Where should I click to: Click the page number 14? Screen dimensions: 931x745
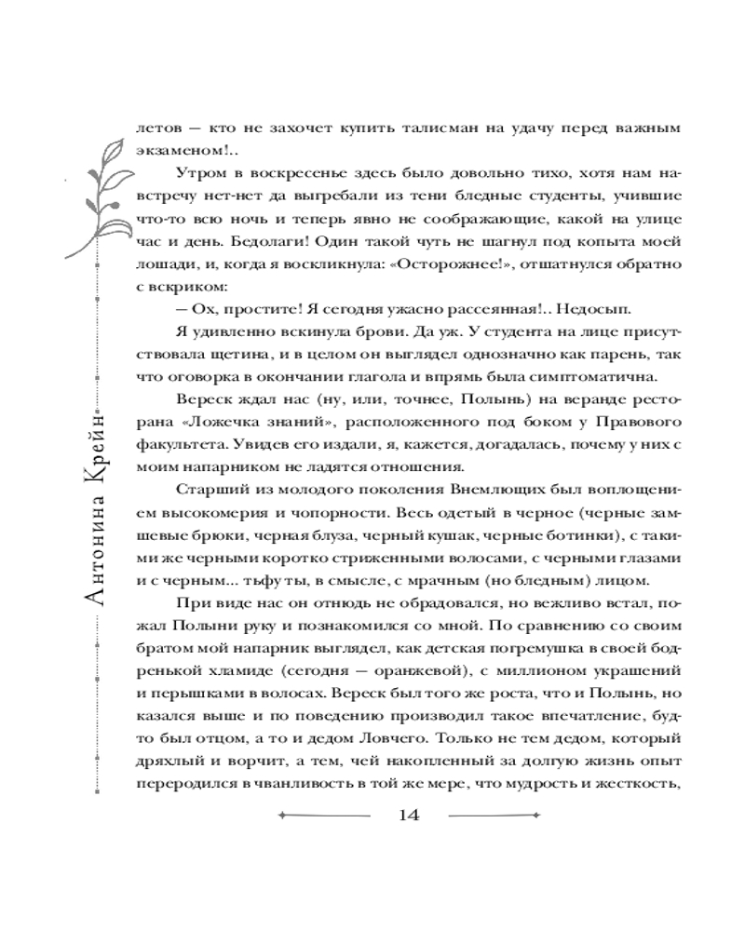tap(408, 816)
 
